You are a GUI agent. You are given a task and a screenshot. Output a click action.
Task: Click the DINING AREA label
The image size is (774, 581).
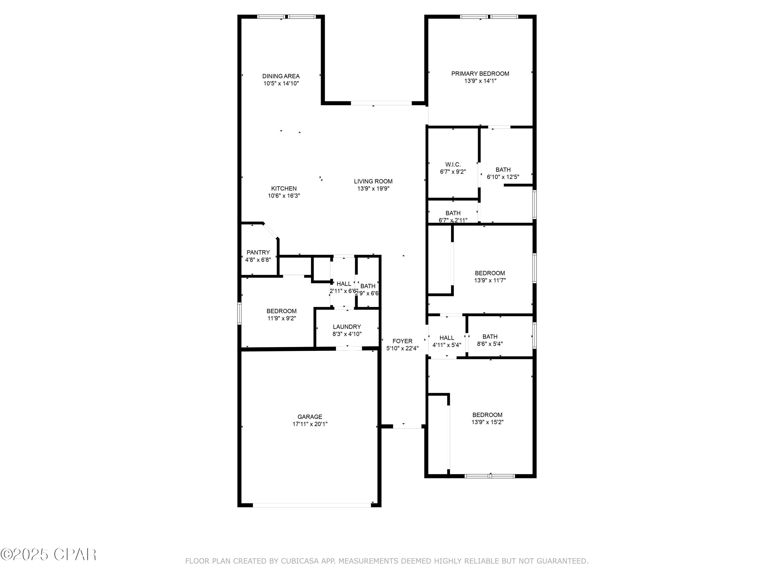click(x=281, y=76)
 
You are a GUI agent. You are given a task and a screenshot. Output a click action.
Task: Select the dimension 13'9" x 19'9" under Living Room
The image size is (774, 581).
click(x=373, y=189)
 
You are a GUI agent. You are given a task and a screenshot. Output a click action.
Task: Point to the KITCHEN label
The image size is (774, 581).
click(x=284, y=189)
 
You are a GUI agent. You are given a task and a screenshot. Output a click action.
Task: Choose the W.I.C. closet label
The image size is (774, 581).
click(x=453, y=164)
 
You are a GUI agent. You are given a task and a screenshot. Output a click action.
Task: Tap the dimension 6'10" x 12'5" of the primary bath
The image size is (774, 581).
click(x=503, y=177)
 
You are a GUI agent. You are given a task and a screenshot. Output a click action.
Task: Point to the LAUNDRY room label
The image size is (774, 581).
click(x=346, y=327)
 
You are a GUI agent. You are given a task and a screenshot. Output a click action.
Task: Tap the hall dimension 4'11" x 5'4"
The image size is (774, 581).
click(x=447, y=345)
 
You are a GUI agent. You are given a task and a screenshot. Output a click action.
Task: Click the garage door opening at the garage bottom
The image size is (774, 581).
click(x=311, y=505)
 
